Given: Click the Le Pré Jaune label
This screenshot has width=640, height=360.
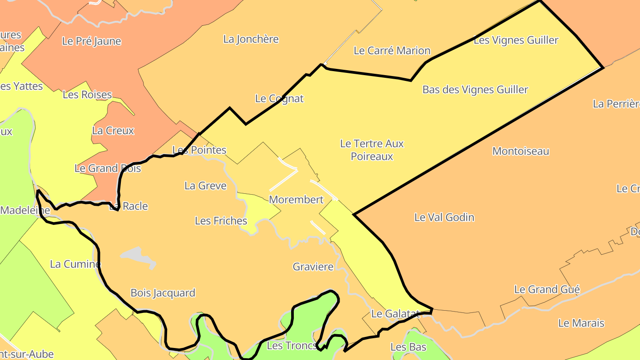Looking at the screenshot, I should (92, 41).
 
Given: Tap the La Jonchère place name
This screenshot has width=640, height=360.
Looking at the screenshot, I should (251, 39).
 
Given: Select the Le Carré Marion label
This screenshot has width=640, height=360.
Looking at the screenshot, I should (392, 51).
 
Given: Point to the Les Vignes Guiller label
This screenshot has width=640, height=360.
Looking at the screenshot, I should (516, 40).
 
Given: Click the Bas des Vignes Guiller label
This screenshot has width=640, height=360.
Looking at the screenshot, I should (475, 90).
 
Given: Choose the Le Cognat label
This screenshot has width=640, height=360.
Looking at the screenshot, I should (279, 99).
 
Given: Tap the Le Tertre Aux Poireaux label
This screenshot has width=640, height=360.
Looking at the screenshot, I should (372, 150).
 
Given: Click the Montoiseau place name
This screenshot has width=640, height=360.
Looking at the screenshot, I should (520, 152).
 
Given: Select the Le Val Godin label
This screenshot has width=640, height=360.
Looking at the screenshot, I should (444, 217).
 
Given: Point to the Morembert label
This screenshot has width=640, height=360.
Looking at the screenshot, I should (296, 200).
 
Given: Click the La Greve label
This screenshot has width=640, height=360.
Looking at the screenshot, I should (205, 186).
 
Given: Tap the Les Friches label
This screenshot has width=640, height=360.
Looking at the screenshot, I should (221, 221).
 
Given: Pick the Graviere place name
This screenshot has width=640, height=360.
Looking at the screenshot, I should (313, 267).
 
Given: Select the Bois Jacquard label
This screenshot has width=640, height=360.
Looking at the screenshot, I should (163, 293).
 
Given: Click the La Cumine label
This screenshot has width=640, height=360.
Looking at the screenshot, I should (75, 264).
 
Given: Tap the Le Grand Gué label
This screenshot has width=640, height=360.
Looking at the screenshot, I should (547, 290).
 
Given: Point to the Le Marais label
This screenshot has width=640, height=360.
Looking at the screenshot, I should (581, 323).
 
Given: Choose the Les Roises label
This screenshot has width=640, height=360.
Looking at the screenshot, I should (87, 95).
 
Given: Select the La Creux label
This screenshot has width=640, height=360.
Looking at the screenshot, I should (113, 131).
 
